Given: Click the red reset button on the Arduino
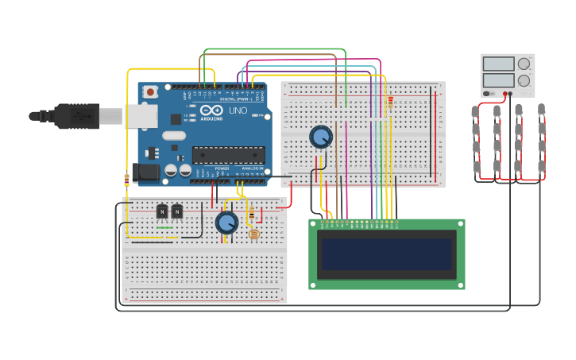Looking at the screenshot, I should coord(149,92).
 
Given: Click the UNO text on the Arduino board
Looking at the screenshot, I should coord(238,110).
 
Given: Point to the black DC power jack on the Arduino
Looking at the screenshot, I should coord(147,171).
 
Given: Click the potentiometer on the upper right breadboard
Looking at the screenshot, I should coord(321,137).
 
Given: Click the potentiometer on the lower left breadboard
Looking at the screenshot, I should coord(226,223).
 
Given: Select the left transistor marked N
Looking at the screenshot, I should coord(162,211).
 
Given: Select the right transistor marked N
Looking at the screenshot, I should coord(176,211).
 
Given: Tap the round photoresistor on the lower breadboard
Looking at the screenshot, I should coord(253,234).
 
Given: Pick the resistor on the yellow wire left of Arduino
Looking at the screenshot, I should coord(127,179).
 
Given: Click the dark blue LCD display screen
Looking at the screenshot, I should coord(386,254).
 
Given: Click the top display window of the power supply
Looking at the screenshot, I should coord(498,64).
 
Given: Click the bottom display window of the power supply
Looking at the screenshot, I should coord(498,79).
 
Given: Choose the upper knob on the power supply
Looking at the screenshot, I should coord(524,64).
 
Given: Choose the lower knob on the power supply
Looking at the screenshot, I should coord(524,80).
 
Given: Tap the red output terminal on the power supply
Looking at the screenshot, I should coord(506,93).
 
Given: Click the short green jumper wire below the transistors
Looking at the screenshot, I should coord(164,228).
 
